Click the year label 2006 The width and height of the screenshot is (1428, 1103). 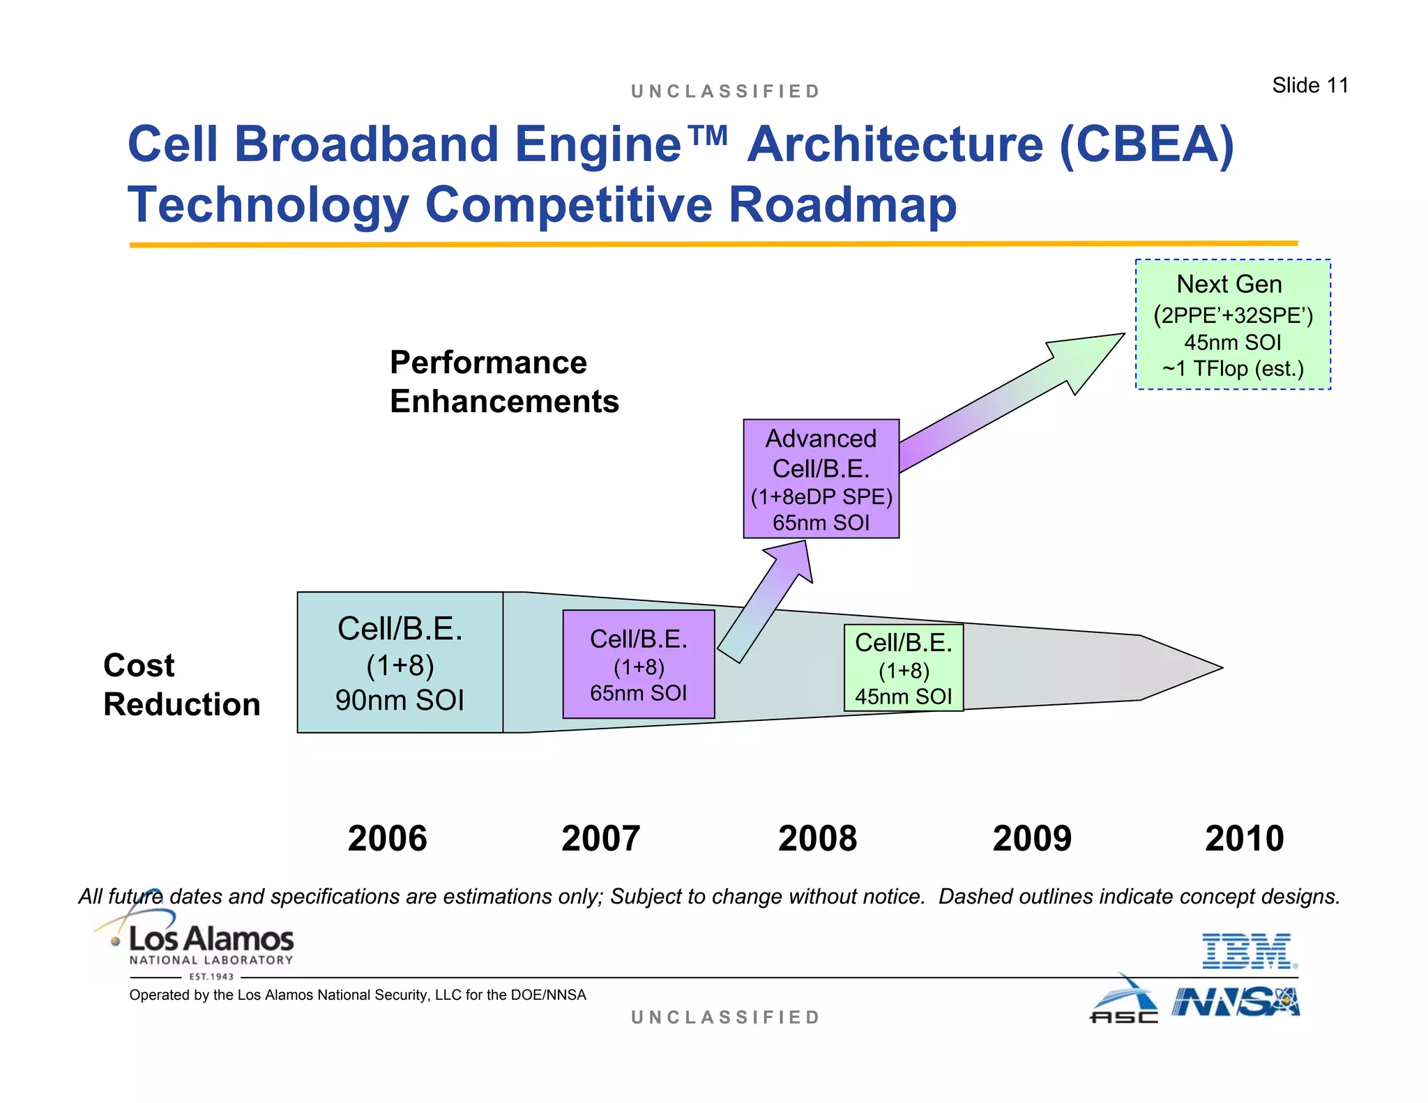(387, 838)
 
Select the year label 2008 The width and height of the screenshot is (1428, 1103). (817, 838)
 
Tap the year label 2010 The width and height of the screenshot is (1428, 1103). (1244, 838)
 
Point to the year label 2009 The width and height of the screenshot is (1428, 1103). (1032, 838)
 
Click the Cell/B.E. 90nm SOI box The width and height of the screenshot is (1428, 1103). (400, 663)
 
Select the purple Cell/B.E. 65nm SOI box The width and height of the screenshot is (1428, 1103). (639, 664)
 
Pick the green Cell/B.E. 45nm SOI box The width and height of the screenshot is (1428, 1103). (904, 668)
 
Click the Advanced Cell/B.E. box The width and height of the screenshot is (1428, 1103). (821, 479)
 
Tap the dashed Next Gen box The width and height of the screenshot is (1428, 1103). (1233, 325)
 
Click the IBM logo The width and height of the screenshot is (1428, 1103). (1249, 951)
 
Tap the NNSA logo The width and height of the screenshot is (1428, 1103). (1236, 1003)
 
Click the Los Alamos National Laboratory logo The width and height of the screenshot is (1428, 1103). (202, 945)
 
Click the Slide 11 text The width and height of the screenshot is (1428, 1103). (1309, 85)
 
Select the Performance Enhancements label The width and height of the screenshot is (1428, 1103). (503, 382)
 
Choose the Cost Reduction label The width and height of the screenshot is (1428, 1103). (181, 685)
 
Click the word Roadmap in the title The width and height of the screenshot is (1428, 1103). (842, 205)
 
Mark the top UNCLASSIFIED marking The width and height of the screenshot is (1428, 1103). (725, 91)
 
